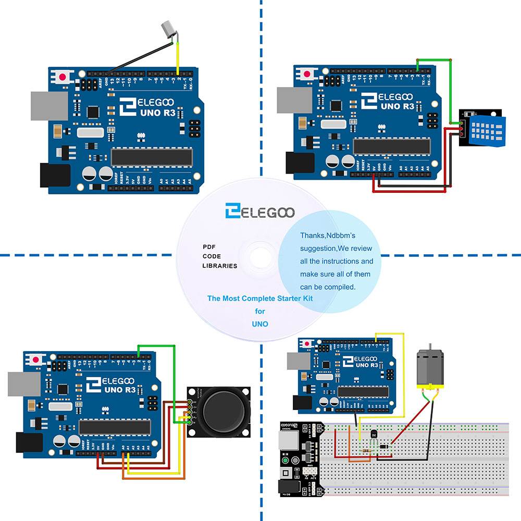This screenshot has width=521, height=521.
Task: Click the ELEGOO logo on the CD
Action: click(x=260, y=212)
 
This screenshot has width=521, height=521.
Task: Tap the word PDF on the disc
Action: click(x=209, y=246)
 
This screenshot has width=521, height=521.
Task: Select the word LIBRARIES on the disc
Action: click(x=219, y=266)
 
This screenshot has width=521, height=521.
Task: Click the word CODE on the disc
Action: click(x=212, y=256)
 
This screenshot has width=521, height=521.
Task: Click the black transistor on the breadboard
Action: click(x=373, y=433)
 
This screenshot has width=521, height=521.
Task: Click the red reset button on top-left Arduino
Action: click(x=63, y=77)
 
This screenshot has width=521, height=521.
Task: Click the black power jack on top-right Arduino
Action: click(x=299, y=163)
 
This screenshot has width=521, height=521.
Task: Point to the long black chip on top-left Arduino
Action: click(x=151, y=156)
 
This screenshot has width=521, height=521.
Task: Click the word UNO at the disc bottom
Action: click(x=260, y=324)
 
